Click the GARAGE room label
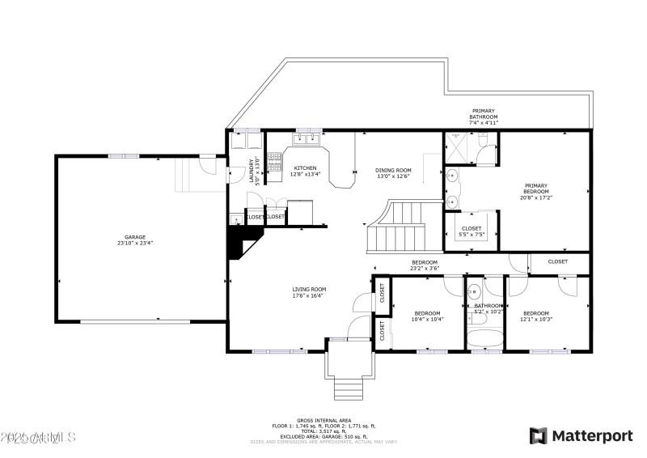[x=135, y=237]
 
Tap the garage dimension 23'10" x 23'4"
[x=135, y=243]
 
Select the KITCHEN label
[x=305, y=168]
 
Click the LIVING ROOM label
[x=309, y=289]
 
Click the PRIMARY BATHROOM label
[x=484, y=114]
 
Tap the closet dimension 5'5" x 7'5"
[x=472, y=235]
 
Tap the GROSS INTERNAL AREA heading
[x=323, y=421]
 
